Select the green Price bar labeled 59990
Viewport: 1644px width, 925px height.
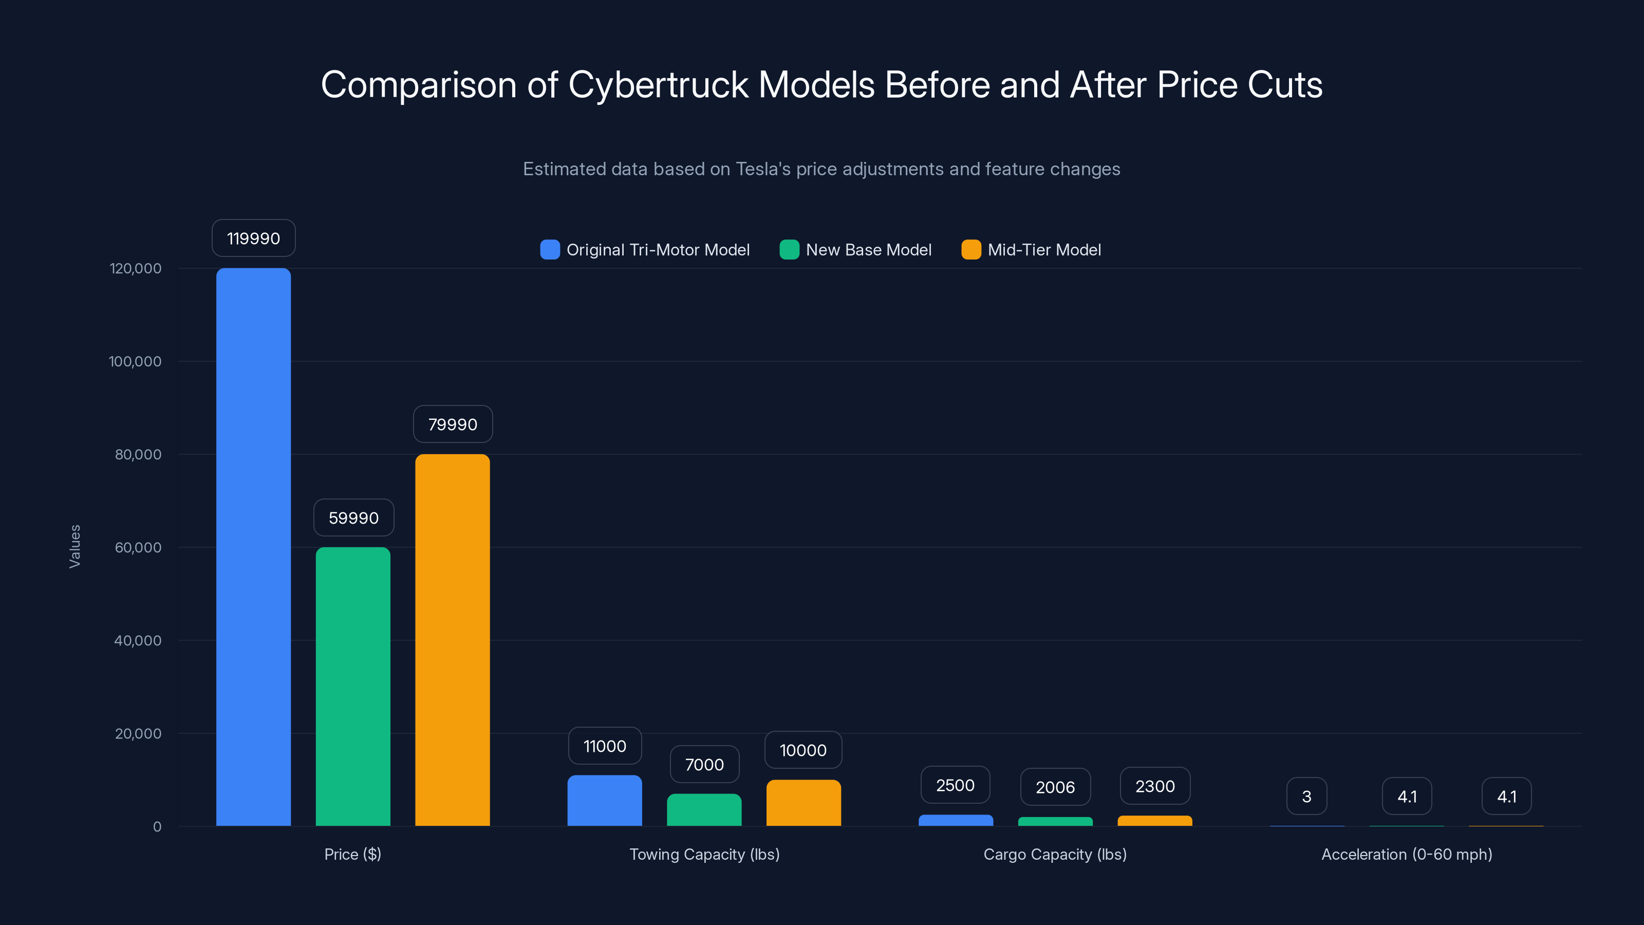point(353,686)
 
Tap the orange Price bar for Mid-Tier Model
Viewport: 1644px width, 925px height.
point(453,640)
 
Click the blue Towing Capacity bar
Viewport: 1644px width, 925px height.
point(604,801)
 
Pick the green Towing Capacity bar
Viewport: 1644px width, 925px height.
point(704,809)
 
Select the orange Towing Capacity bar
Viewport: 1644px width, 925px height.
point(804,802)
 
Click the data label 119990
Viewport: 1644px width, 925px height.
point(253,238)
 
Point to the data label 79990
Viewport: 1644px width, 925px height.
point(453,424)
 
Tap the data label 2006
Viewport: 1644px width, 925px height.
point(1055,787)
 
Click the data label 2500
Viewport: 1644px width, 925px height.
point(955,785)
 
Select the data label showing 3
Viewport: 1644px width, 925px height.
point(1306,796)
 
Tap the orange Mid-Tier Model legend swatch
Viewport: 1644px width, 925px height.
point(970,250)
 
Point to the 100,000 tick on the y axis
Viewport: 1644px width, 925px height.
point(135,361)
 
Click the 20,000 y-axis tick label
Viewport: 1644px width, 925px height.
point(138,733)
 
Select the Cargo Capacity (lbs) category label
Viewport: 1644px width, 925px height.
point(1055,854)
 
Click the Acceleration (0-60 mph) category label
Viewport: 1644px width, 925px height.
point(1407,854)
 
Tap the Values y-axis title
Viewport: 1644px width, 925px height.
point(74,546)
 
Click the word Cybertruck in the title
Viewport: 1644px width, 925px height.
point(658,85)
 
